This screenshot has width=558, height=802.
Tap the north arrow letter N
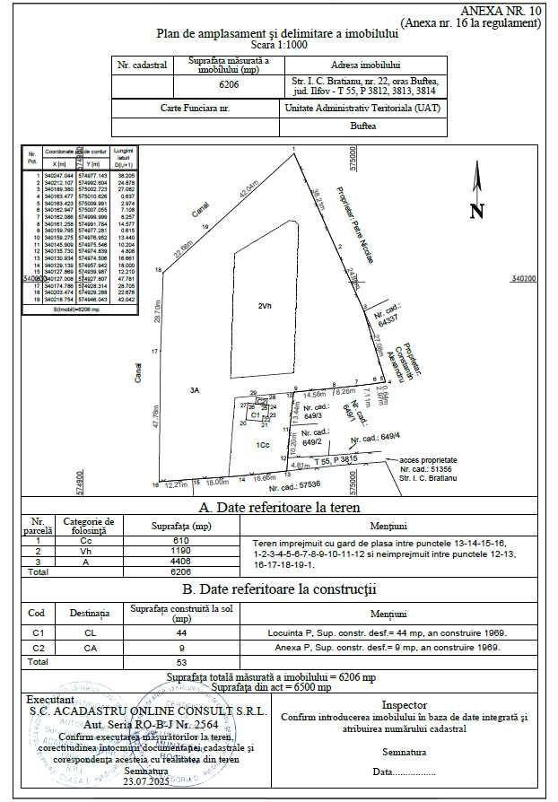pos(476,212)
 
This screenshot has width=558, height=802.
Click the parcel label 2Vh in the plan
pos(264,307)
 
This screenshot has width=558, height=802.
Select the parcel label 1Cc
pos(262,445)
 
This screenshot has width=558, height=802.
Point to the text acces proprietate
pos(428,458)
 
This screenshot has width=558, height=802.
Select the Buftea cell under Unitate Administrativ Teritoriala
pos(363,126)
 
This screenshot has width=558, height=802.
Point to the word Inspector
pos(405,705)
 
